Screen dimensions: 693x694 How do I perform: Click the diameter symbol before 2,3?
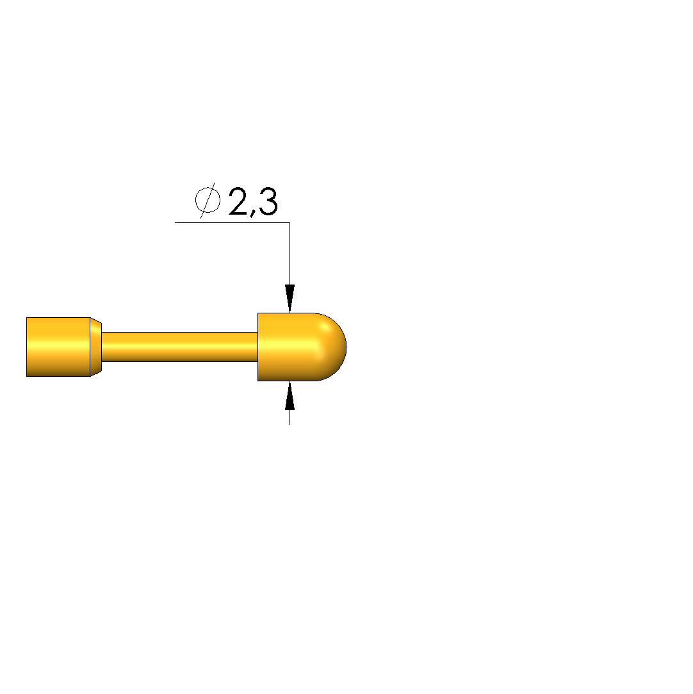208,200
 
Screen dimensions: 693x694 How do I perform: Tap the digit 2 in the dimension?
238,201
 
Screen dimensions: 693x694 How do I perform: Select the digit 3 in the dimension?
268,201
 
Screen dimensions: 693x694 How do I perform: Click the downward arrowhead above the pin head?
289,299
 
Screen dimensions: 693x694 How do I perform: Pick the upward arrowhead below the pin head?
289,395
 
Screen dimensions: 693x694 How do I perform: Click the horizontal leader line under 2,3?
232,222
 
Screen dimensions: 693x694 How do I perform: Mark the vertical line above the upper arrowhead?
289,254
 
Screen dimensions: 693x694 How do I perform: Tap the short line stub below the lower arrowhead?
289,417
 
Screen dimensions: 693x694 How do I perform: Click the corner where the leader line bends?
289,222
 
